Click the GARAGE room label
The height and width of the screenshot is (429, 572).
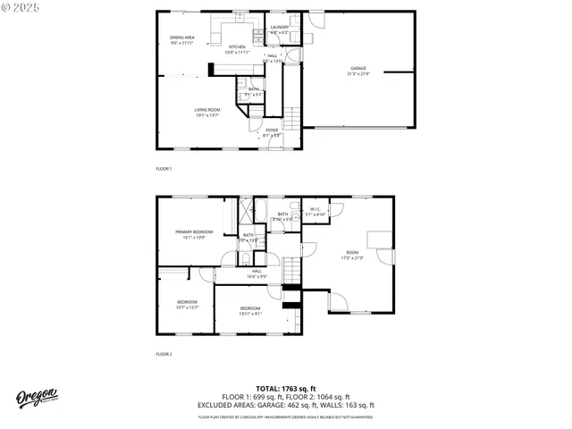click(x=358, y=68)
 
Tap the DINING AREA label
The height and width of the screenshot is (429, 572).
click(x=182, y=38)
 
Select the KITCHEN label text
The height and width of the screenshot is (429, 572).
click(x=237, y=46)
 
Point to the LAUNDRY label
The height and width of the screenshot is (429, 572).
click(x=279, y=29)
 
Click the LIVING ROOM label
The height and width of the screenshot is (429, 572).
click(x=207, y=110)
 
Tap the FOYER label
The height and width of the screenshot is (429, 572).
click(x=272, y=130)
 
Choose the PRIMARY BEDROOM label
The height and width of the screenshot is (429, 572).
click(x=194, y=231)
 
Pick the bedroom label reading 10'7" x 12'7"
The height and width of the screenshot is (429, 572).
click(x=187, y=301)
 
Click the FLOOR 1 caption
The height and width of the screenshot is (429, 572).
click(x=164, y=168)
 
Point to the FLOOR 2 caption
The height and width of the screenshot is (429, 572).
click(x=164, y=354)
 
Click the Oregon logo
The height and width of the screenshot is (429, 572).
click(x=37, y=398)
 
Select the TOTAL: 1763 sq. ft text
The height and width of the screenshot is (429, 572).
click(x=286, y=389)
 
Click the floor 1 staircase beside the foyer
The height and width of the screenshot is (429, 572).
click(x=291, y=117)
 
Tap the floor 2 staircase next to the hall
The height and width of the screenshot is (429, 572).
click(x=292, y=267)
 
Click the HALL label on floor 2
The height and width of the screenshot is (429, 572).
click(x=257, y=271)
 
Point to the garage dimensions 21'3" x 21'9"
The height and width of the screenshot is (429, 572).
click(x=358, y=72)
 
